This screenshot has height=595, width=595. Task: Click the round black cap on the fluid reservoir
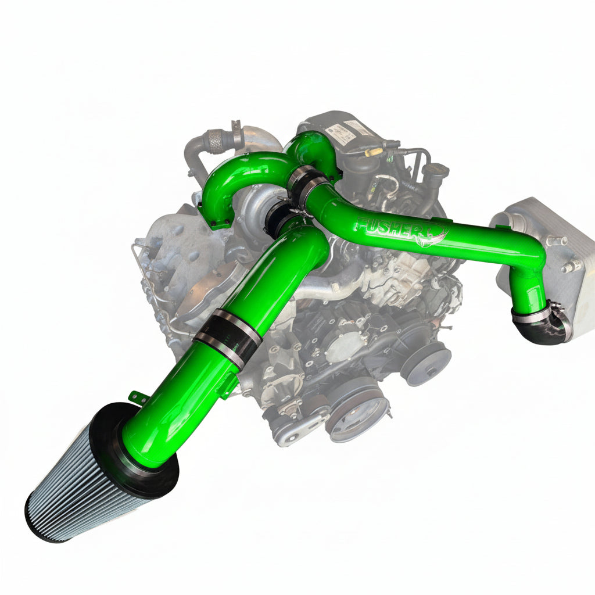[436, 170]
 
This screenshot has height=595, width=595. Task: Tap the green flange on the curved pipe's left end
[212, 219]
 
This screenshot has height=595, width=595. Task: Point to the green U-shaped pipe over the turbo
[244, 169]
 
